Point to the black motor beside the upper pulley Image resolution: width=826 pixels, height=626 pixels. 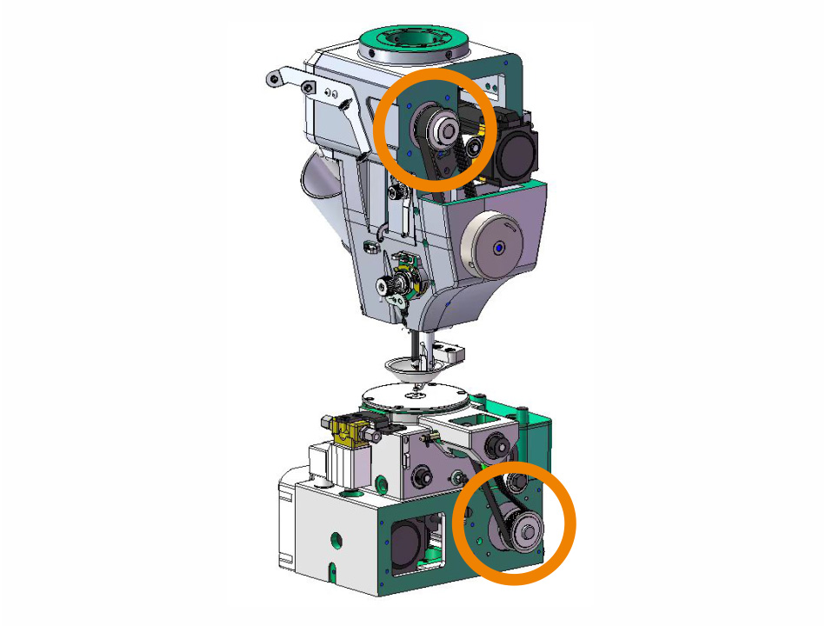[516, 150]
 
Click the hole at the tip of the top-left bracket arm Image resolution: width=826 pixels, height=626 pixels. [274, 78]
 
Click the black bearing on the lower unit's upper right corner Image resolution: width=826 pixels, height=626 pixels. [500, 446]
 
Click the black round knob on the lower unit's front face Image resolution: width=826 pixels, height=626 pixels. [426, 476]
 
